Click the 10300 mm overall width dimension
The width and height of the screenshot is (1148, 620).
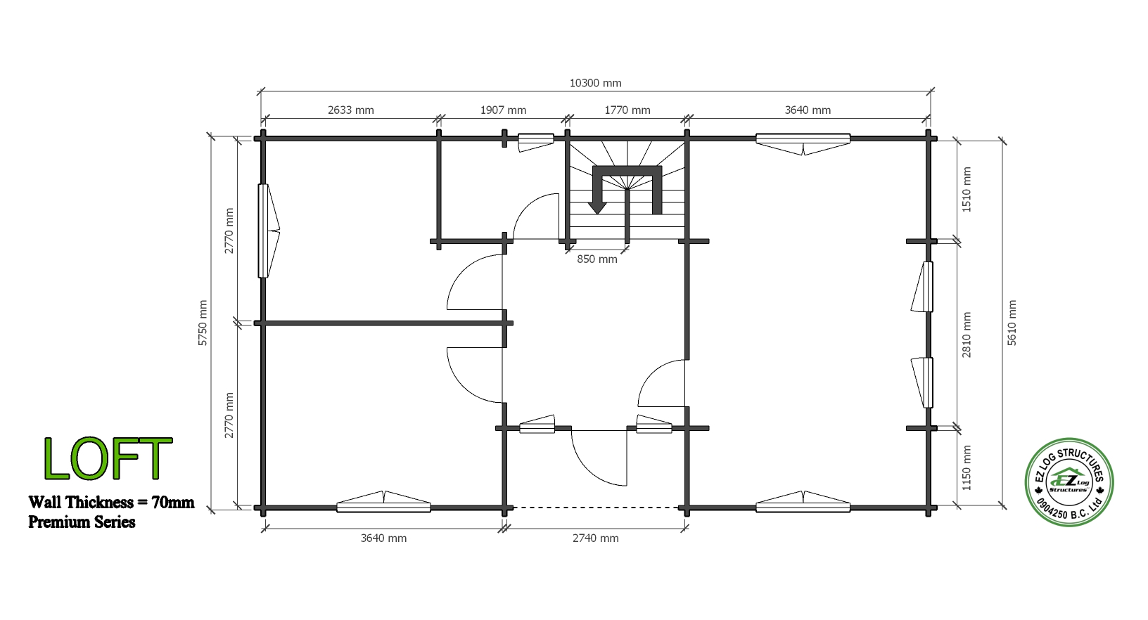[x=595, y=83]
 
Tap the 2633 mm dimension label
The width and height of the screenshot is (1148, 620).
[x=350, y=110]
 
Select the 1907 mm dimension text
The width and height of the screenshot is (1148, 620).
[x=503, y=110]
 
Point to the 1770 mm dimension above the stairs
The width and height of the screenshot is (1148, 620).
[x=627, y=110]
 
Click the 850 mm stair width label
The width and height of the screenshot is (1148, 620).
[x=597, y=259]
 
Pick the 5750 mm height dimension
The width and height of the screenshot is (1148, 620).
[x=203, y=323]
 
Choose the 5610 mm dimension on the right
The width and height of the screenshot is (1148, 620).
[x=1012, y=323]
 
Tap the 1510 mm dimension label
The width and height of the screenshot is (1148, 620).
[x=967, y=189]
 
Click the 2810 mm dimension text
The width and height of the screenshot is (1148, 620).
[x=967, y=335]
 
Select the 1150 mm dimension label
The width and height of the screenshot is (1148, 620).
[x=967, y=468]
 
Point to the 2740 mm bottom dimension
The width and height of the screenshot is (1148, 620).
[x=596, y=538]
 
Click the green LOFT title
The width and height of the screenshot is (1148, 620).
[x=108, y=459]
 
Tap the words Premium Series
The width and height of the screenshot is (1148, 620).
[x=82, y=522]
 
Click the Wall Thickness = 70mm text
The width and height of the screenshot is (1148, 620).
[x=111, y=502]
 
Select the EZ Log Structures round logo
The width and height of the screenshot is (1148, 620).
[x=1069, y=482]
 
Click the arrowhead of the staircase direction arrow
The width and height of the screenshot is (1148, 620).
[x=597, y=208]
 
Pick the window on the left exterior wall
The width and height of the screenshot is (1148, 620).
[x=268, y=231]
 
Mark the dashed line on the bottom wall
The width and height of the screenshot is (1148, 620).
[x=596, y=508]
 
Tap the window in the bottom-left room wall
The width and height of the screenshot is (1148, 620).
[x=383, y=503]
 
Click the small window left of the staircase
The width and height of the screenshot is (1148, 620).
[x=535, y=142]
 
